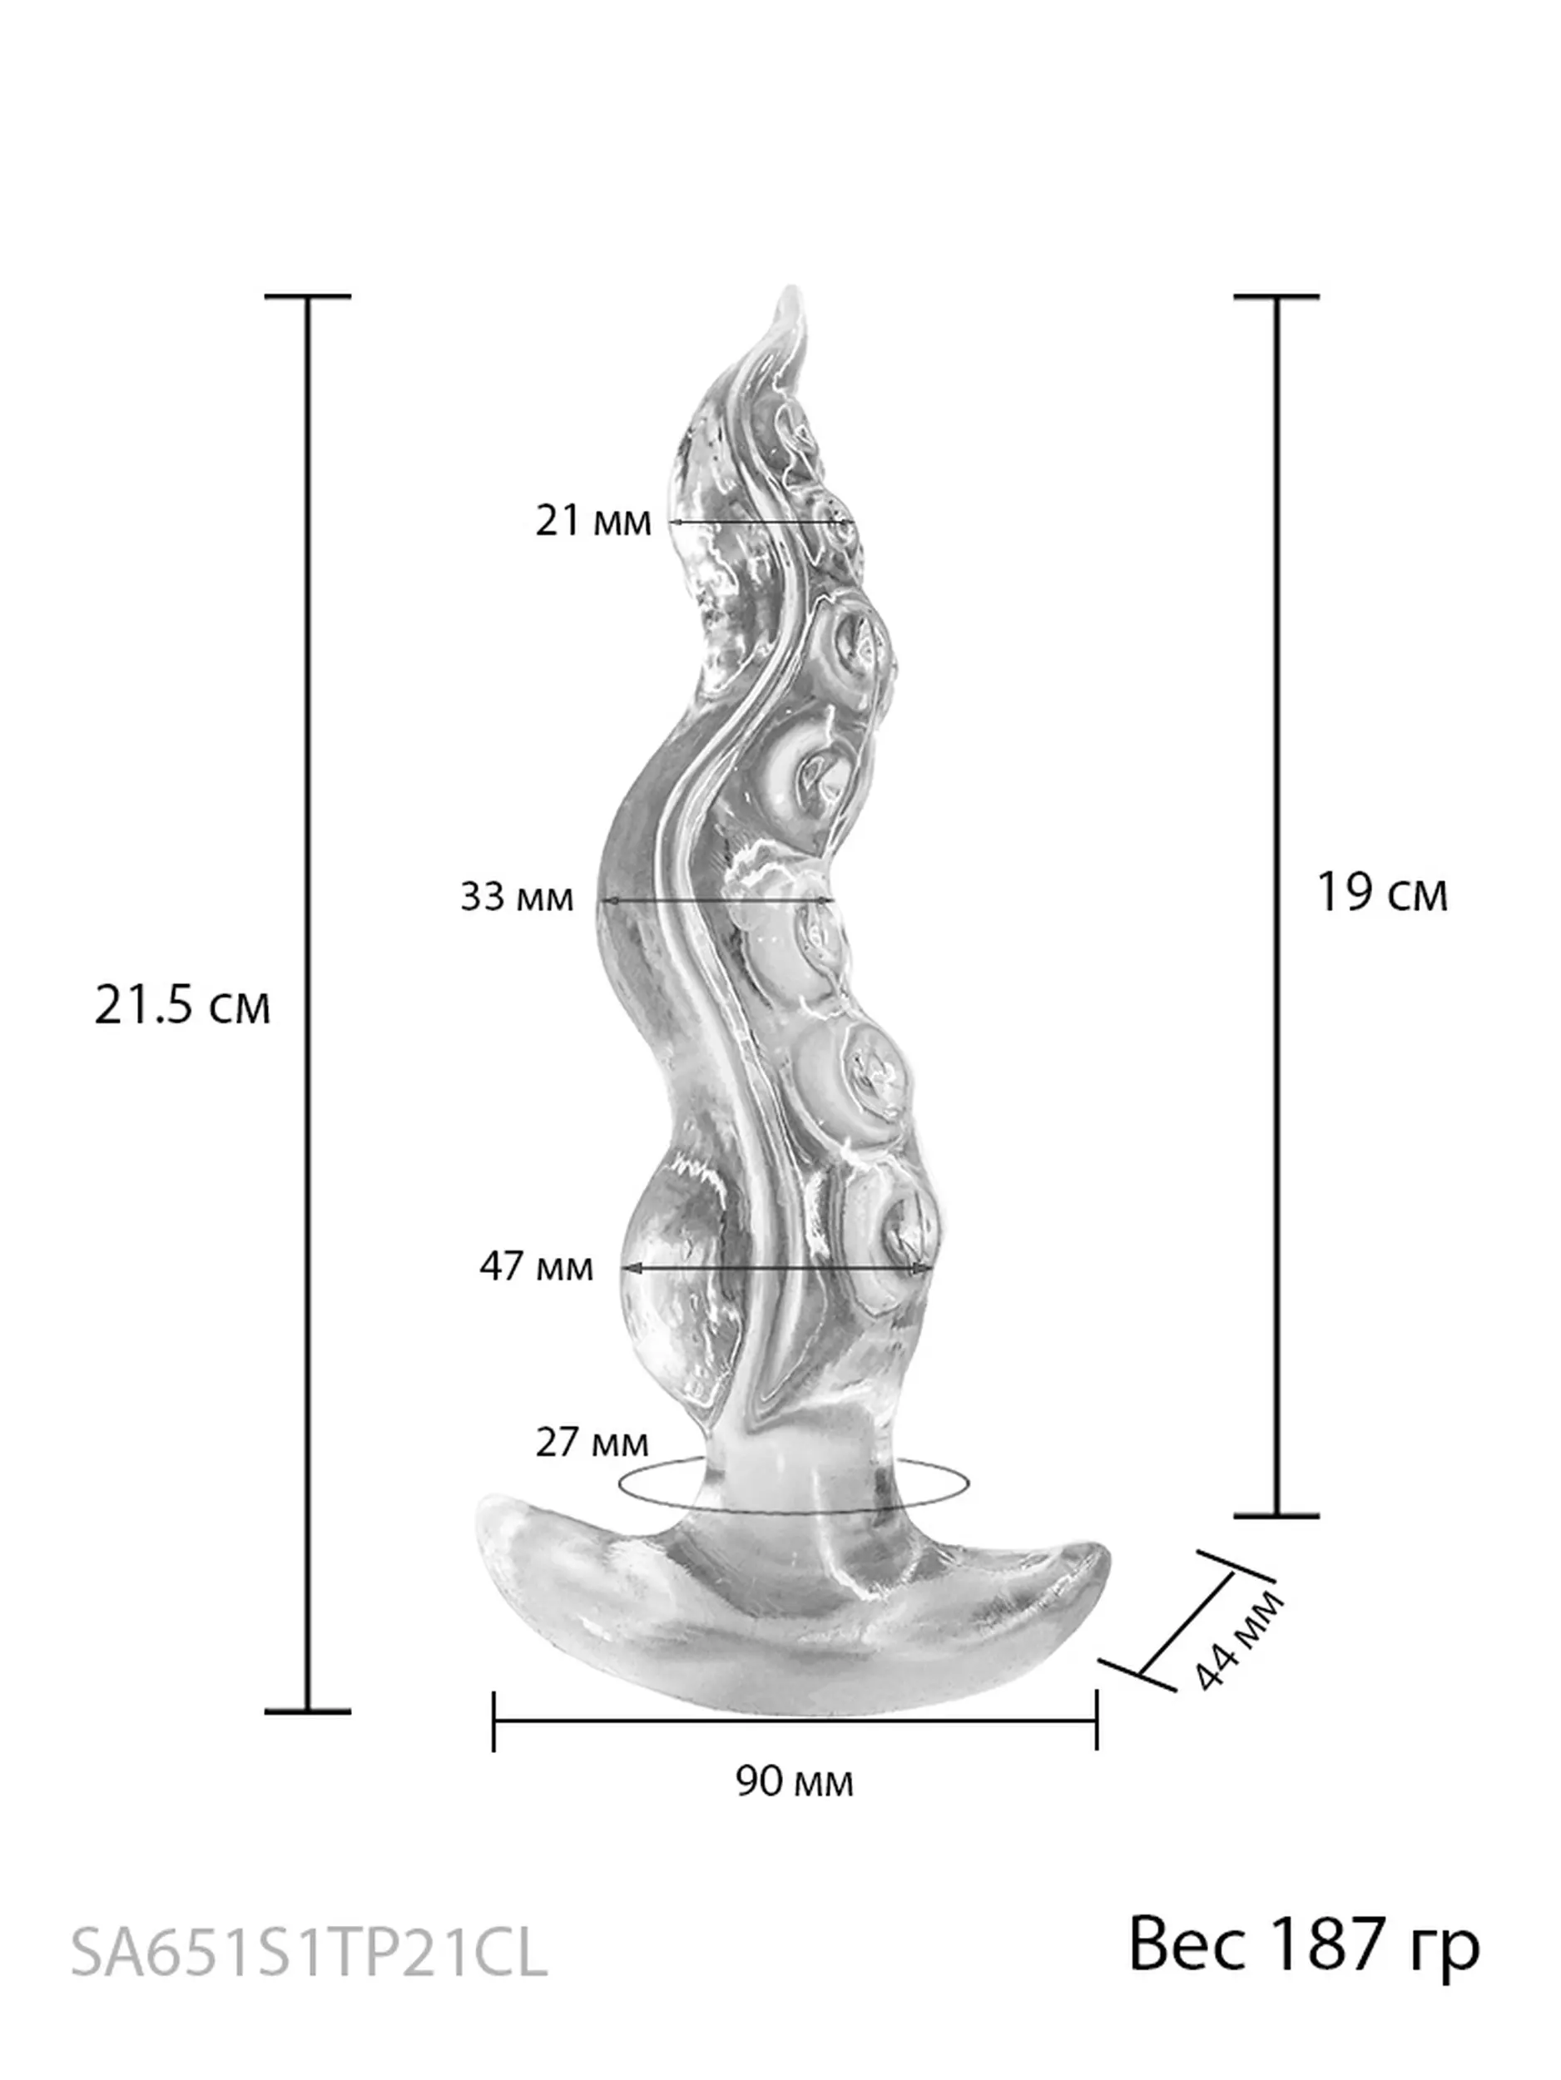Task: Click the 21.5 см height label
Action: [x=182, y=1005]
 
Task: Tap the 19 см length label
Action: [x=1381, y=893]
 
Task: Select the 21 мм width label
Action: [x=593, y=520]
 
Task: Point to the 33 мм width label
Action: [x=516, y=896]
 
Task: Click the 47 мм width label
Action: [x=536, y=1266]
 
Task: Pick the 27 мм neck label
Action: [x=592, y=1442]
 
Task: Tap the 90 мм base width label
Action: [x=795, y=1781]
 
